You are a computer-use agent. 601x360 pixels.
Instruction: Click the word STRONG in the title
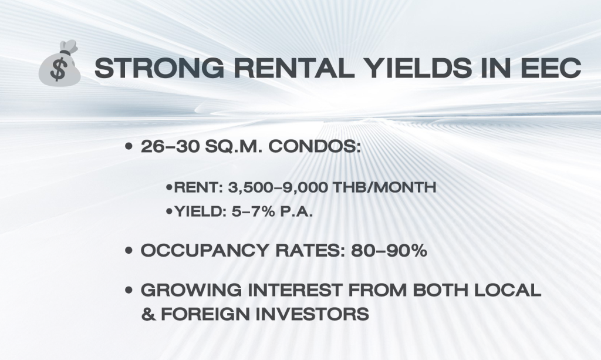tap(159, 68)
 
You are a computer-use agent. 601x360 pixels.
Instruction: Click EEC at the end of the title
tap(551, 68)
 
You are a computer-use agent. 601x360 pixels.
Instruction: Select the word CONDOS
tap(315, 146)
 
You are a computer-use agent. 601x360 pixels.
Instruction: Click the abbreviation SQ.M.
tap(234, 146)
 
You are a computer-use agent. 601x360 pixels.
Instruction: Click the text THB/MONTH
tap(384, 188)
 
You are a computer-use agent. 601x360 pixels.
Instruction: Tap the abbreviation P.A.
tap(296, 211)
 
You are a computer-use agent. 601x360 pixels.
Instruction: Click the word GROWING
tap(191, 290)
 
